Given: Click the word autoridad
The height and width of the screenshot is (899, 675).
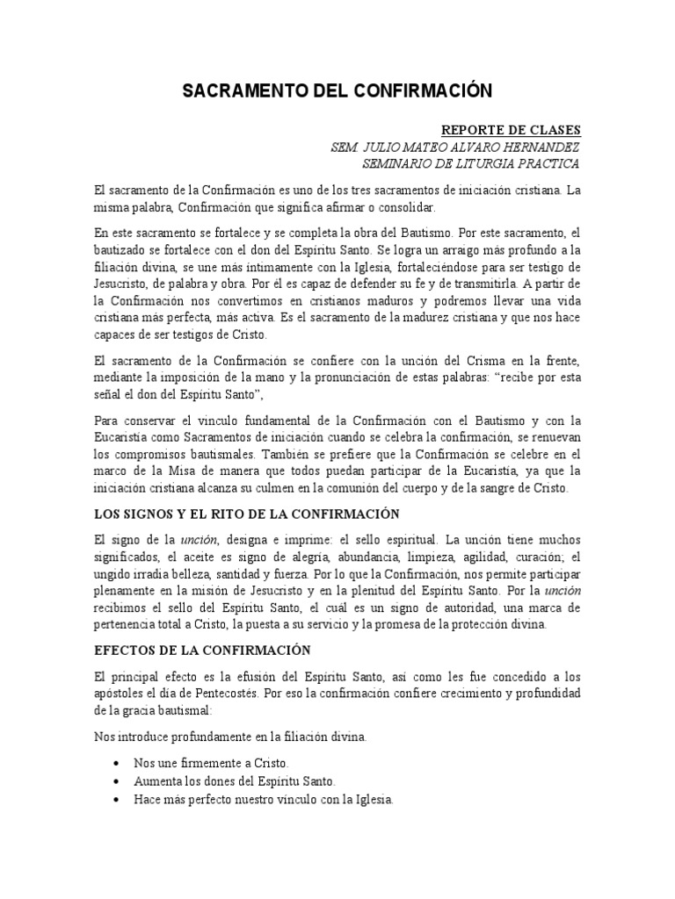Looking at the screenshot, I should (x=469, y=608).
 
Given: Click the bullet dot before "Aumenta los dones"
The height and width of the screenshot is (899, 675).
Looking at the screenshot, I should (x=117, y=780).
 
